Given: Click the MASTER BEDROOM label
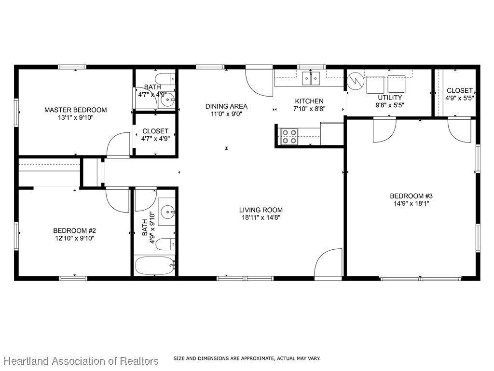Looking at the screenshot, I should [76, 110].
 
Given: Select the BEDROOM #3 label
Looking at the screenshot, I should [412, 196].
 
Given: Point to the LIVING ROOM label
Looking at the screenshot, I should [261, 210].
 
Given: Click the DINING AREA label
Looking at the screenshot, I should [226, 106].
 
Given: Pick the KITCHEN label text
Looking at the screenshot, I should [309, 101].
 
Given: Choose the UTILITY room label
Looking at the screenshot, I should [390, 98].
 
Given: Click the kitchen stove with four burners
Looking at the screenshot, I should [289, 137].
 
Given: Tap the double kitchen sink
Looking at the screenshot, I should [311, 77].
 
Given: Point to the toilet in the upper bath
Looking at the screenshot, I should [165, 78].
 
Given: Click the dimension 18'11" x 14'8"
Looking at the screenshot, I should [261, 217].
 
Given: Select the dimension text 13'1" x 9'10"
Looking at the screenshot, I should [76, 117].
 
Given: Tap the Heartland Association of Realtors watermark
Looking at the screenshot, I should [81, 361].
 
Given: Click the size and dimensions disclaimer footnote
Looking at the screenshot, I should [247, 358].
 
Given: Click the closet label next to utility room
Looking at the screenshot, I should [459, 91].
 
